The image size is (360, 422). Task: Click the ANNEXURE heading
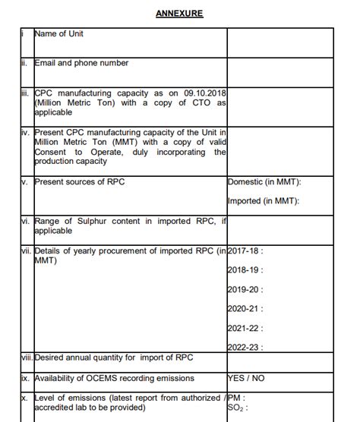coord(179,14)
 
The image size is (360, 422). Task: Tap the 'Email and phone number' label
coord(81,64)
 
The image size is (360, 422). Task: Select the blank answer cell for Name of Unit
coord(292,43)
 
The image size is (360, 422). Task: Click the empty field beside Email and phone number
coord(292,72)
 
